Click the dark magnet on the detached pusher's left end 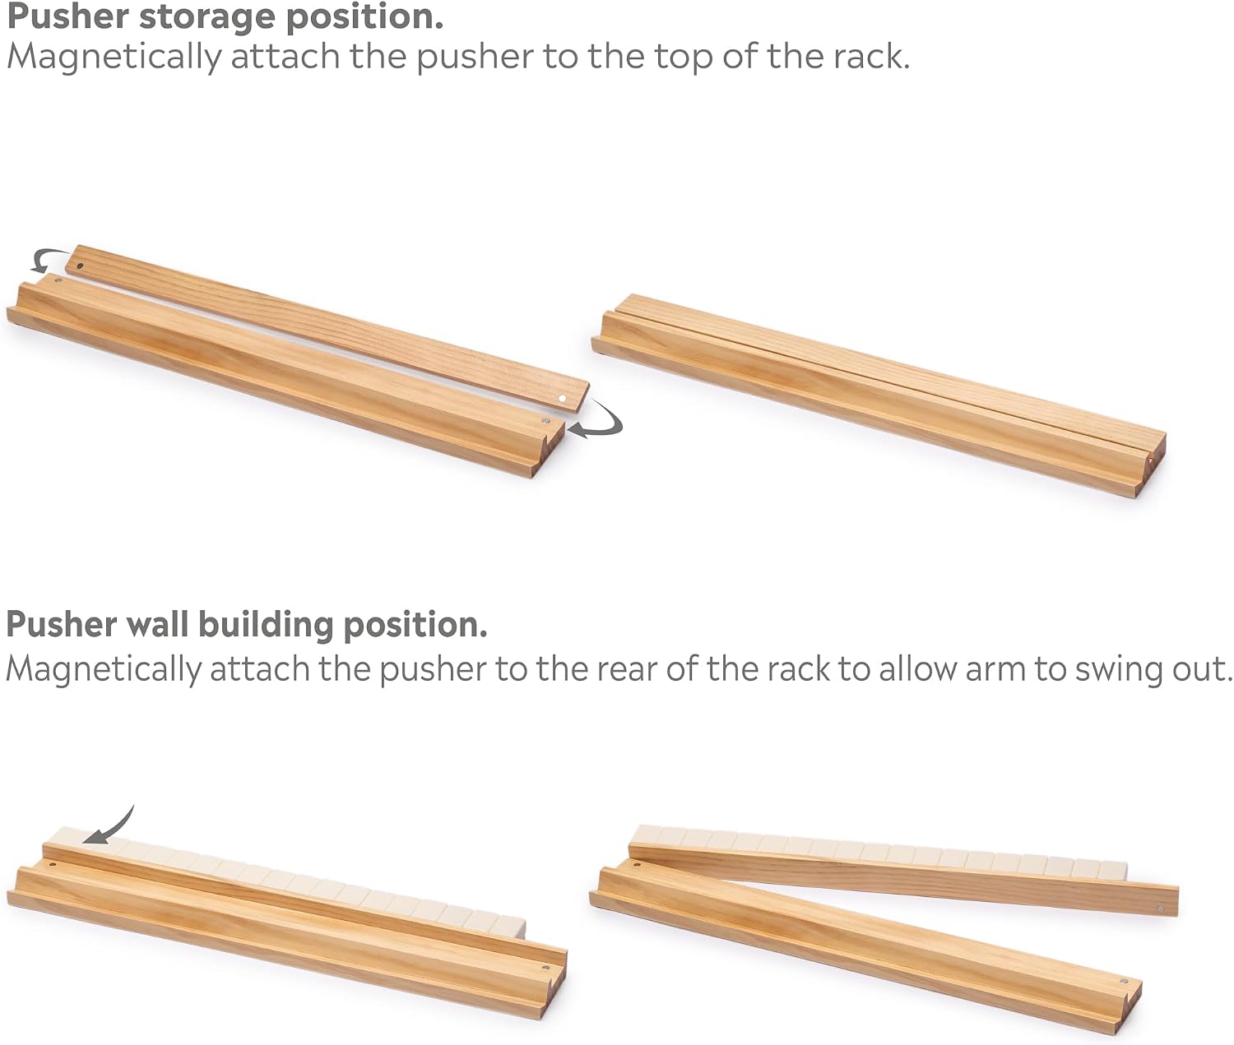tap(81, 266)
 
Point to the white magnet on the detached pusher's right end tap(562, 398)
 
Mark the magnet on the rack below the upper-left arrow tap(58, 280)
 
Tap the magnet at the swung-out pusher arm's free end tap(1161, 909)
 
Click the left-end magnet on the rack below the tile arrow tap(52, 864)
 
